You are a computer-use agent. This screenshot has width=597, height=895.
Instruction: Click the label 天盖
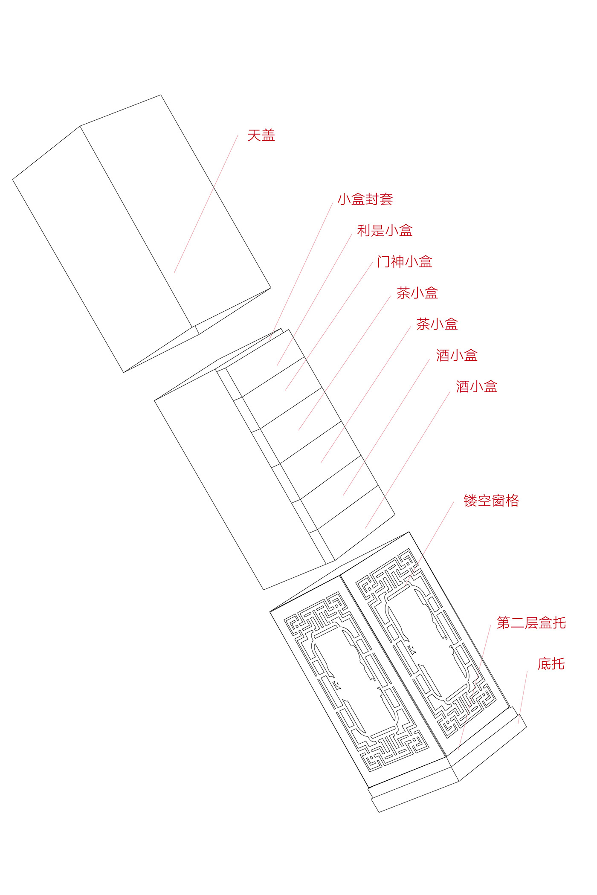click(x=261, y=136)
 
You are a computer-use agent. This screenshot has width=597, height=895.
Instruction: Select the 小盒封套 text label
click(x=365, y=199)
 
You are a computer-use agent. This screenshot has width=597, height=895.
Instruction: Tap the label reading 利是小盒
click(x=385, y=231)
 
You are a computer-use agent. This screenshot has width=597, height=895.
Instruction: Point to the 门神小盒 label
click(x=405, y=262)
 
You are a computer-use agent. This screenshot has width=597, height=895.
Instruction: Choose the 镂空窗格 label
click(x=491, y=501)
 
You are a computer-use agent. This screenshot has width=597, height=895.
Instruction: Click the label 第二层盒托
click(x=531, y=623)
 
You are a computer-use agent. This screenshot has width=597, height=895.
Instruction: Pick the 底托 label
click(x=551, y=664)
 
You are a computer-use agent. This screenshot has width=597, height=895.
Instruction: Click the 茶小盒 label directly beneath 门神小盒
click(x=417, y=293)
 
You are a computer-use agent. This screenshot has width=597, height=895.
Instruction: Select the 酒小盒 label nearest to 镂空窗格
click(x=476, y=387)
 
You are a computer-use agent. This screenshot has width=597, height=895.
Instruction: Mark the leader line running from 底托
click(x=523, y=697)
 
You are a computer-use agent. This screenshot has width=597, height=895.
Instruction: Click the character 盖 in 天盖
click(x=268, y=136)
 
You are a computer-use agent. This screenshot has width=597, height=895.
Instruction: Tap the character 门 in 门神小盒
click(x=384, y=262)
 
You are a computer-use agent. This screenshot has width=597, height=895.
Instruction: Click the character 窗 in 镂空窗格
click(x=498, y=501)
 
